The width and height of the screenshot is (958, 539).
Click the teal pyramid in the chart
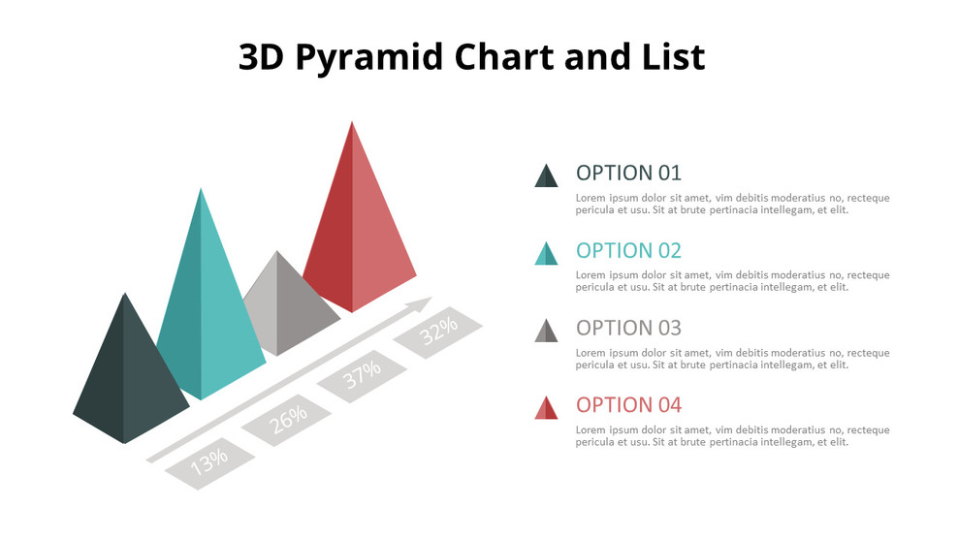(208, 310)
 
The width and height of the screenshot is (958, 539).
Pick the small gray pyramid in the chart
(284, 305)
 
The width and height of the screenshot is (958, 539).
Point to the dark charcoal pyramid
(128, 378)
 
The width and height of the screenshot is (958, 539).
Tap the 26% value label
(288, 418)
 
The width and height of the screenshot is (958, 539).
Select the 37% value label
(362, 375)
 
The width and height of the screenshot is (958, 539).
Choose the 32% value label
(438, 333)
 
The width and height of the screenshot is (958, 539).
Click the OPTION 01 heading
(628, 174)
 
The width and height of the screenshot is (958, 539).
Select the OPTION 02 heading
(628, 250)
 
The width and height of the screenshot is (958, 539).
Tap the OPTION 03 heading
(628, 328)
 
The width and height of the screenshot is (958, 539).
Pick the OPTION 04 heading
(628, 405)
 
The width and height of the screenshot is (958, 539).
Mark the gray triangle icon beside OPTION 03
(546, 332)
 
